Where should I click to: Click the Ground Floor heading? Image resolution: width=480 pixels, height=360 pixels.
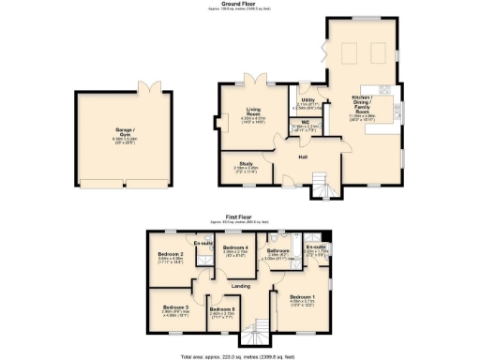(x=240, y=4)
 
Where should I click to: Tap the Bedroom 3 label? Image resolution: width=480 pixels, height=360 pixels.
(x=174, y=307)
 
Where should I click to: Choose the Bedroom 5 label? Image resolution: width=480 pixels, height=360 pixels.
(x=222, y=309)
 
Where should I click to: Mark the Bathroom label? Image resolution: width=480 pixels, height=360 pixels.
(x=277, y=250)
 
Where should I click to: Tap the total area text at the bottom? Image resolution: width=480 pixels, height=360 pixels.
(x=240, y=356)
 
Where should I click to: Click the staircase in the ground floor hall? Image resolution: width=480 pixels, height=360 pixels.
(x=321, y=177)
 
